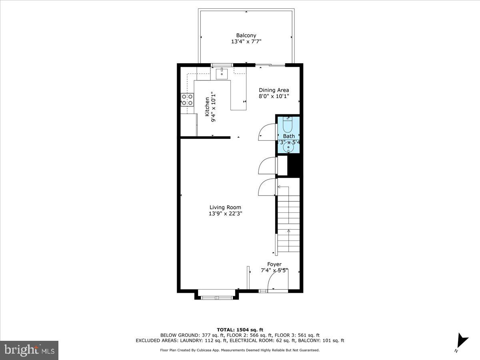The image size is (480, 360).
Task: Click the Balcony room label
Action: click(246, 35)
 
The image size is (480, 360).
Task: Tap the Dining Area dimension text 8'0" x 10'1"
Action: click(274, 96)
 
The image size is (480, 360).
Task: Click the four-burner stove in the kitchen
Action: click(187, 100)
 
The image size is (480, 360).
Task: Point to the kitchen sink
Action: click(222, 74)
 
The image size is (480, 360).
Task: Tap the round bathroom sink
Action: click(288, 147)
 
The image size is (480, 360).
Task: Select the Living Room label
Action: click(225, 207)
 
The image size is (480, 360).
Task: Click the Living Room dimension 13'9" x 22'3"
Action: click(225, 214)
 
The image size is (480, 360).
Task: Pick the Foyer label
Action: click(274, 264)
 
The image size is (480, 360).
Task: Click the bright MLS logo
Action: click(29, 350)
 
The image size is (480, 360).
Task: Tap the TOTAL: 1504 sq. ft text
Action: click(240, 329)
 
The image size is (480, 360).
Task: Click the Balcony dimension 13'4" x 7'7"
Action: click(246, 42)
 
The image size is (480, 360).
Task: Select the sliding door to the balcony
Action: click(270, 65)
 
